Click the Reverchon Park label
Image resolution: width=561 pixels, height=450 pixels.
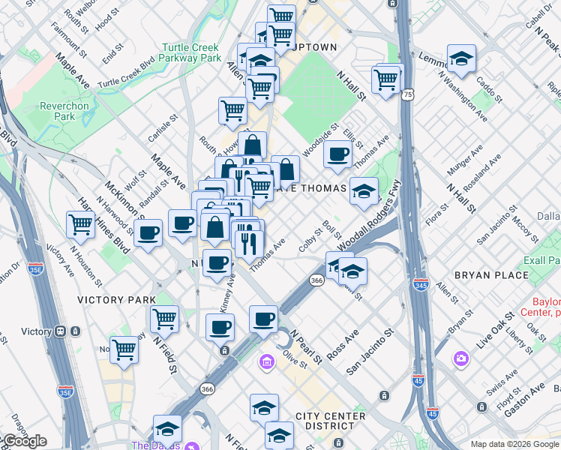tap(64, 111)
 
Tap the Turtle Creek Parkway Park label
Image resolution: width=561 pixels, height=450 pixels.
tap(191, 52)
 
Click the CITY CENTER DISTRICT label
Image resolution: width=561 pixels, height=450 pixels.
tap(331, 421)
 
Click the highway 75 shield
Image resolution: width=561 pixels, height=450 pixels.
tap(407, 95)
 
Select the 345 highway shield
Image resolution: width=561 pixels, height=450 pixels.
tap(420, 284)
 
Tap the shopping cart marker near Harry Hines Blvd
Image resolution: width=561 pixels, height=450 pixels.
tap(80, 223)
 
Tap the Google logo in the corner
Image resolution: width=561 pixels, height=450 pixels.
tap(24, 441)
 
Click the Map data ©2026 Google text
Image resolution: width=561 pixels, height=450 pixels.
tap(514, 444)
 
